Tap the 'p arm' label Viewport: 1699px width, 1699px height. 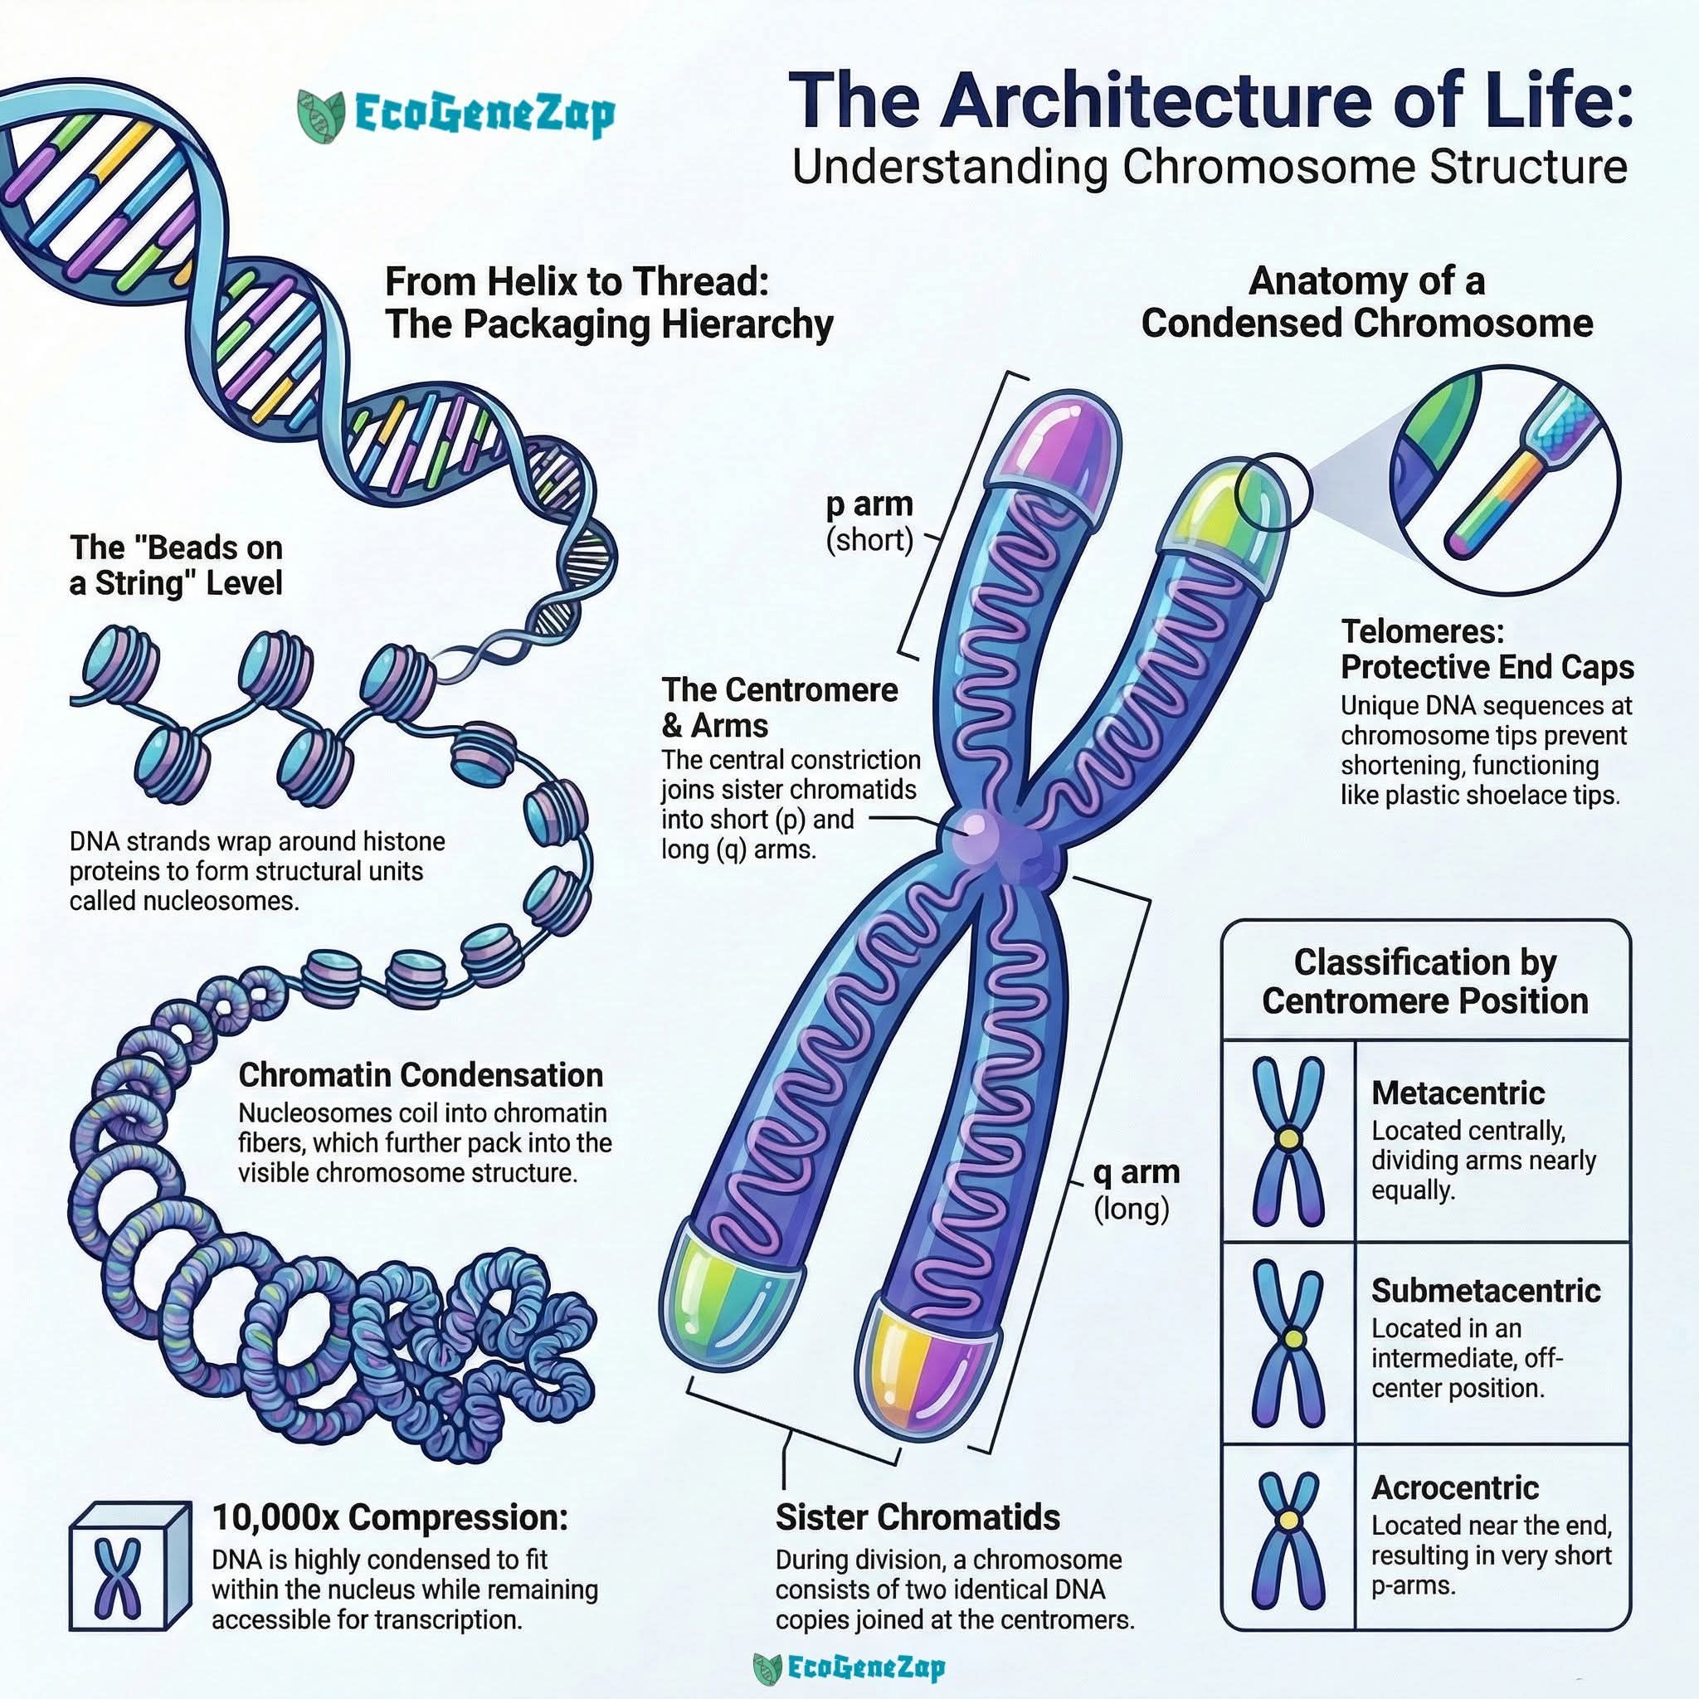[869, 504]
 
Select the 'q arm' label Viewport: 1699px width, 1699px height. [1136, 1172]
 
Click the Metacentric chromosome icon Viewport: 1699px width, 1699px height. [1288, 1141]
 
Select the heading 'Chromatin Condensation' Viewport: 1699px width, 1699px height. [421, 1074]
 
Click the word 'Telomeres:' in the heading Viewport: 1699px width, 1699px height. [1422, 631]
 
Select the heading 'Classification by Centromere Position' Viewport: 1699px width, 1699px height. [1425, 981]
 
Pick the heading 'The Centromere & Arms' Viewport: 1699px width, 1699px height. [780, 707]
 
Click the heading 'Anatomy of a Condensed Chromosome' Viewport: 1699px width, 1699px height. [1366, 303]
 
